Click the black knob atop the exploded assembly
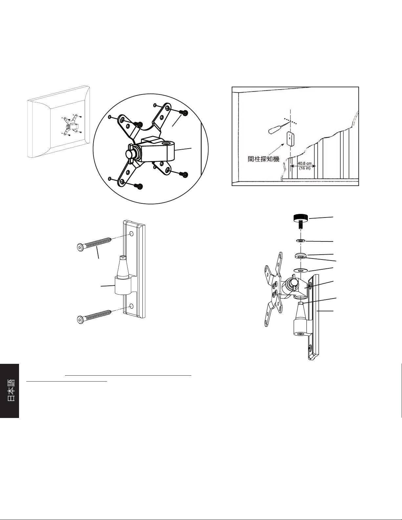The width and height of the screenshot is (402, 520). coord(301,218)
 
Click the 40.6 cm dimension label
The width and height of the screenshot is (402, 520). coord(305,164)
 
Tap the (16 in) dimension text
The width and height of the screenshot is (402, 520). coord(305,168)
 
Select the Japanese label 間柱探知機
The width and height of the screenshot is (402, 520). coord(264,159)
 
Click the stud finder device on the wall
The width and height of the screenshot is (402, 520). coord(291,138)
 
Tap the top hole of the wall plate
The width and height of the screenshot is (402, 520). coord(131,234)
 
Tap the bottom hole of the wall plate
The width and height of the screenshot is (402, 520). coord(131,306)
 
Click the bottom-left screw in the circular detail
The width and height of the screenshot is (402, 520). coord(138,185)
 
